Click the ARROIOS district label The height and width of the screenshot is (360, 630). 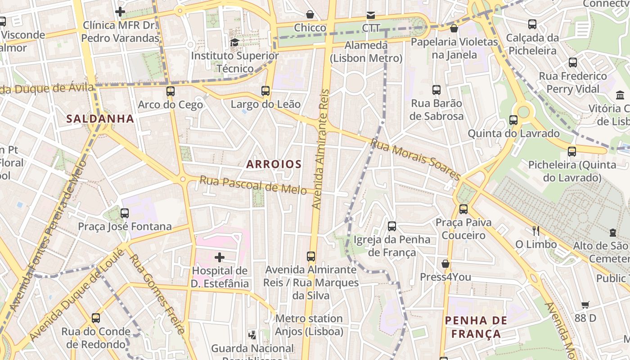pyautogui.click(x=274, y=164)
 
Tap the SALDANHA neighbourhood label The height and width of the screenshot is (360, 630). pyautogui.click(x=100, y=119)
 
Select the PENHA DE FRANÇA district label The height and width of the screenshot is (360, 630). pyautogui.click(x=476, y=327)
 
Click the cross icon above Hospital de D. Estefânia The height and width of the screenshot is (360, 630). pyautogui.click(x=219, y=257)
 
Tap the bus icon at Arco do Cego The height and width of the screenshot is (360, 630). pyautogui.click(x=170, y=91)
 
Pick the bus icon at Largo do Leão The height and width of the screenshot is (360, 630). pyautogui.click(x=265, y=91)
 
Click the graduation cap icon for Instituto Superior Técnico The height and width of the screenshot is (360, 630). pyautogui.click(x=234, y=43)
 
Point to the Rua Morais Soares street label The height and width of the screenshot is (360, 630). pyautogui.click(x=415, y=158)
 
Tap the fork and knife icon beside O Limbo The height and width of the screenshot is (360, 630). pyautogui.click(x=535, y=231)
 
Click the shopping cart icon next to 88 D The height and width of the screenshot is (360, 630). pyautogui.click(x=585, y=305)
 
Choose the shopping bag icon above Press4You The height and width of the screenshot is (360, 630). pyautogui.click(x=445, y=264)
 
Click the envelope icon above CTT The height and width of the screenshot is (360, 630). pyautogui.click(x=371, y=15)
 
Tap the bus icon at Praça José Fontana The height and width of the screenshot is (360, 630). pyautogui.click(x=125, y=213)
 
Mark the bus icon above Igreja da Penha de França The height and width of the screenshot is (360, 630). pyautogui.click(x=391, y=226)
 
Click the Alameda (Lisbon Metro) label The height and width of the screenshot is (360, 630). pyautogui.click(x=366, y=52)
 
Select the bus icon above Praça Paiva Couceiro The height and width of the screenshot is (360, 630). pyautogui.click(x=463, y=209)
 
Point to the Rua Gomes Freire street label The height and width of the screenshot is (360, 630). pyautogui.click(x=157, y=294)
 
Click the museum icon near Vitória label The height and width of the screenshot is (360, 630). pyautogui.click(x=620, y=95)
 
